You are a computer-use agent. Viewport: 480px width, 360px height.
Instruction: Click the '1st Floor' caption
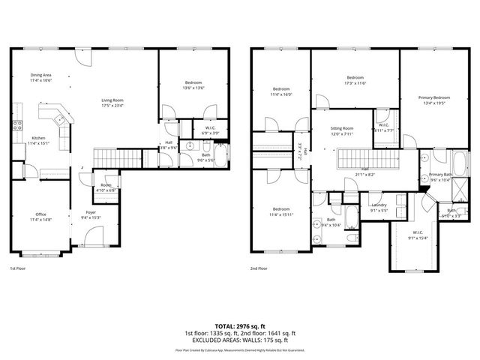19,268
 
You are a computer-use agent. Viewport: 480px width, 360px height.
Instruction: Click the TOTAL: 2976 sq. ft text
240,325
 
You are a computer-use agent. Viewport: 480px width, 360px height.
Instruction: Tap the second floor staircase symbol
358,160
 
